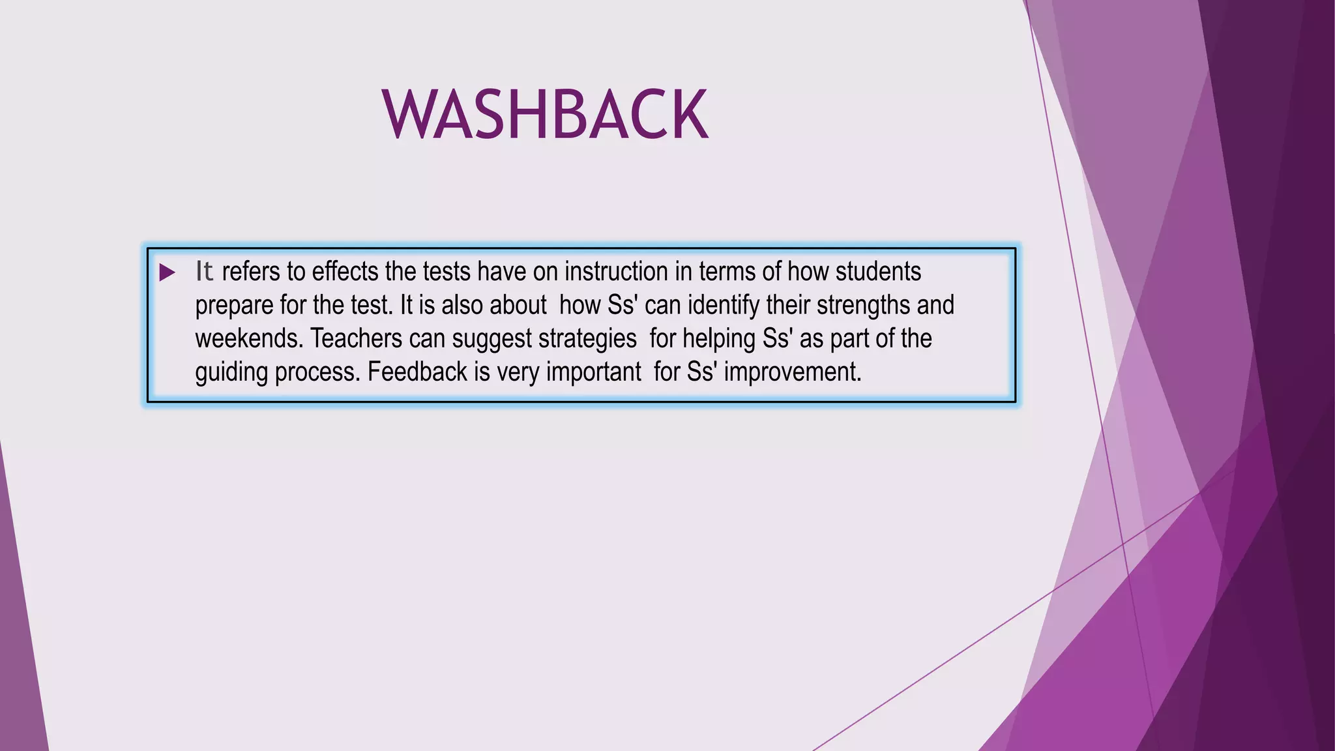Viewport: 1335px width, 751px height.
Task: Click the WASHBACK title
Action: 545,115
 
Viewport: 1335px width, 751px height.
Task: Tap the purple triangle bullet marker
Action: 167,272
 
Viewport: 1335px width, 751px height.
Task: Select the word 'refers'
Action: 250,272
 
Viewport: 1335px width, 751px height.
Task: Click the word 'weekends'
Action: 249,339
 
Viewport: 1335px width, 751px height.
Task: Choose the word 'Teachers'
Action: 356,339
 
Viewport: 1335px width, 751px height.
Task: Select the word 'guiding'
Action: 231,373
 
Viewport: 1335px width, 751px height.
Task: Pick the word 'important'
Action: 593,373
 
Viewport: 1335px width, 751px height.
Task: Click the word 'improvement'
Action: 793,372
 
